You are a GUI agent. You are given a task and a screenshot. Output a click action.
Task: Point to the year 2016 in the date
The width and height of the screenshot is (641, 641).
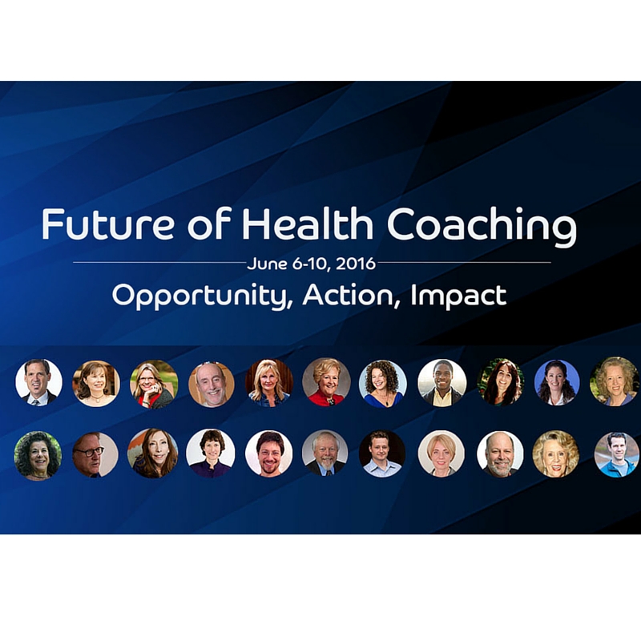355,264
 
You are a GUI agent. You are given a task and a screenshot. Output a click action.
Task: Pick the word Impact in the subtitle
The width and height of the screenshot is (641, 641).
458,296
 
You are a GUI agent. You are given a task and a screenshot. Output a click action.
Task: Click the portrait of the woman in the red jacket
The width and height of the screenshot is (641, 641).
326,382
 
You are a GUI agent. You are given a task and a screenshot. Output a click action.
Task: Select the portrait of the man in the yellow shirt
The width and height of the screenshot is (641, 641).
441,383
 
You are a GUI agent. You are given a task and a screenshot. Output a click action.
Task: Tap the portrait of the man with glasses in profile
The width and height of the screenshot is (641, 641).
95,454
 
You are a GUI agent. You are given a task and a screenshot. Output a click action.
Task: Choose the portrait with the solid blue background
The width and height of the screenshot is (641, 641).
557,382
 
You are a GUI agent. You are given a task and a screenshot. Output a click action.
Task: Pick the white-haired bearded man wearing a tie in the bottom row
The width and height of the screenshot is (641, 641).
325,453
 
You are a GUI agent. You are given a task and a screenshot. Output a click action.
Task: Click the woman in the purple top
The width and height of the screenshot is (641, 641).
211,454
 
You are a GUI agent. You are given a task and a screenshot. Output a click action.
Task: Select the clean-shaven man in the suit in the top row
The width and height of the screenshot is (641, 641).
38,382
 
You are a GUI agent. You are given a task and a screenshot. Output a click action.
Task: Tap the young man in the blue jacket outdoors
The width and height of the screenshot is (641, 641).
617,454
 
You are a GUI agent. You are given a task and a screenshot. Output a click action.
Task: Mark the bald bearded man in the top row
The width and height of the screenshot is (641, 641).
212,385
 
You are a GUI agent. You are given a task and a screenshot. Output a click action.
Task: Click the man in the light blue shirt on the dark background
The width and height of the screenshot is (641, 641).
382,454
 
